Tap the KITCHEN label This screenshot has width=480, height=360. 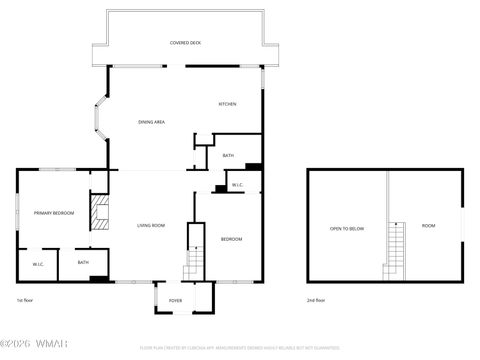pos(227,104)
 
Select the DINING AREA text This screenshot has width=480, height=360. pos(151,122)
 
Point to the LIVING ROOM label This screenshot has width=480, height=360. pos(151,225)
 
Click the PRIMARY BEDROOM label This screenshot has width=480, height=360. pos(54,213)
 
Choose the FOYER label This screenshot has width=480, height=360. pos(175,299)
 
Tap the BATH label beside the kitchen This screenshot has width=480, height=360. pos(228,155)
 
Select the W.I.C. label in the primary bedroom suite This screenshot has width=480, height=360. pos(37,264)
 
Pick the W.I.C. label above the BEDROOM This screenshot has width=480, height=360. pos(238,185)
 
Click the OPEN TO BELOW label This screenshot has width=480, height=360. pos(347,228)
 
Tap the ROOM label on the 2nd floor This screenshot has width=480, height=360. pos(428,225)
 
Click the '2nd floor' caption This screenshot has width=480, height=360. pos(316,300)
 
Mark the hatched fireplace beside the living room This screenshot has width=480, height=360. pos(98,213)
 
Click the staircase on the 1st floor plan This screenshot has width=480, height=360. pos(194,265)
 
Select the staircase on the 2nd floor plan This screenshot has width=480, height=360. pos(397,250)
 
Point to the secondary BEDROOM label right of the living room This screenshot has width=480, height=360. pos(231,239)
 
